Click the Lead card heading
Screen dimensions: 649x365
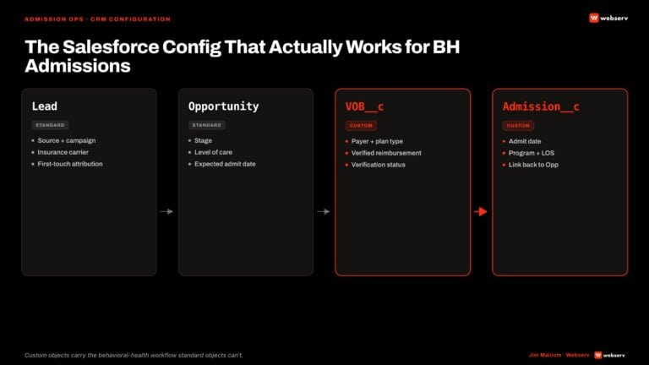[45, 106]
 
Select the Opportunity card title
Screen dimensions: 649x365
[223, 106]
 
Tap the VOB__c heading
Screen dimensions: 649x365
[365, 106]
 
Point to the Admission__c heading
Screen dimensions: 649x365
[541, 106]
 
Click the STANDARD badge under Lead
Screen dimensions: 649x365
[50, 125]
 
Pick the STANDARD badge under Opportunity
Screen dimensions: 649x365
[207, 125]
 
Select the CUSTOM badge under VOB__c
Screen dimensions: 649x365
[361, 125]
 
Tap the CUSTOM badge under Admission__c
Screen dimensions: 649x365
[518, 125]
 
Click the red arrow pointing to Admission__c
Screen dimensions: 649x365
[481, 211]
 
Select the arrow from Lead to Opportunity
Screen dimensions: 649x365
[166, 211]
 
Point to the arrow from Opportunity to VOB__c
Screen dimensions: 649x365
[324, 211]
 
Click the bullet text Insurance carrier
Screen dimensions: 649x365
[63, 152]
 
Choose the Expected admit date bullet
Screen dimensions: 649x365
[225, 164]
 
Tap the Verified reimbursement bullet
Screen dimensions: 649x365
[386, 153]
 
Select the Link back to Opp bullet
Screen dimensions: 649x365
[533, 165]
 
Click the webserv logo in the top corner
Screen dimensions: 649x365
[608, 19]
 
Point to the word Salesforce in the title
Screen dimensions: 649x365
[111, 46]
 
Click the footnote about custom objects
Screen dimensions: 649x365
[134, 355]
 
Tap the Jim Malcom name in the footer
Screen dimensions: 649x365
[545, 355]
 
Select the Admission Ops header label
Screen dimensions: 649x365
[54, 19]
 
